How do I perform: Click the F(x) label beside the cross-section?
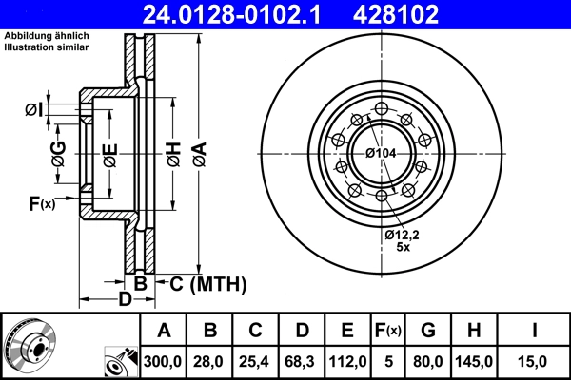(41, 202)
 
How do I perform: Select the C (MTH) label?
(207, 283)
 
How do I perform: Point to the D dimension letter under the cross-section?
(125, 300)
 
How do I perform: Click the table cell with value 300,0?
(164, 361)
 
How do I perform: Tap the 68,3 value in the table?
(302, 361)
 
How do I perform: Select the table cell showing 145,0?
(475, 361)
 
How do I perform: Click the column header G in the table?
(428, 331)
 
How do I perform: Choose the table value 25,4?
(255, 361)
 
